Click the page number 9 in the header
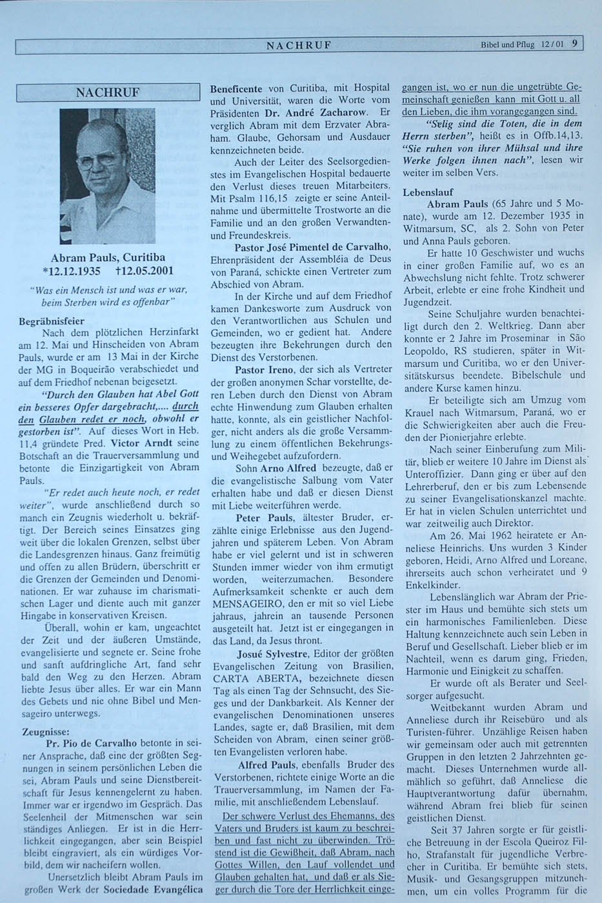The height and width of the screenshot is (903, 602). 574,45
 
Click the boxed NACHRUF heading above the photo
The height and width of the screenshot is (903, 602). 107,92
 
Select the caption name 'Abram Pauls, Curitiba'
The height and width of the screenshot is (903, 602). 108,257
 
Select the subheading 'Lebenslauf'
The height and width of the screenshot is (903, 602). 428,192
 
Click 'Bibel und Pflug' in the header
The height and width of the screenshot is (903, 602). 507,45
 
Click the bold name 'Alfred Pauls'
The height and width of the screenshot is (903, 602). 266,765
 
